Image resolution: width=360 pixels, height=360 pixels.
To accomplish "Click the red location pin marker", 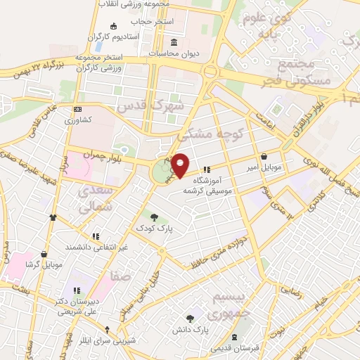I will pos(180,165).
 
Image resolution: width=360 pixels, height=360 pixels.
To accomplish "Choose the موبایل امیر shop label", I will pos(264,168).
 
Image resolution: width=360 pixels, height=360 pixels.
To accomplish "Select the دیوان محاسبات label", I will pos(173,53).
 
